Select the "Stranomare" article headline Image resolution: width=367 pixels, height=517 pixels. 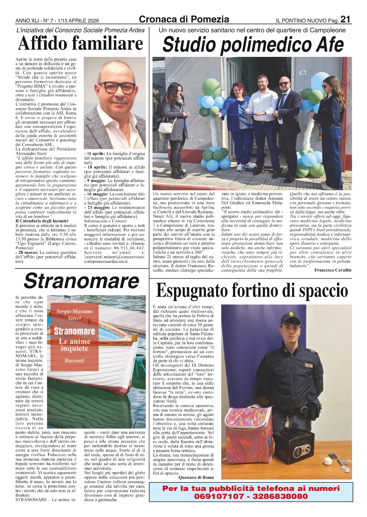tap(82, 281)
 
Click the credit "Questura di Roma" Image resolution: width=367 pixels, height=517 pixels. tap(196, 477)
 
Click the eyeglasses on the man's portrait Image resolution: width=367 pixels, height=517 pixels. tap(117, 88)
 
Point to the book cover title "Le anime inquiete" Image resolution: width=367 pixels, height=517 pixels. tap(74, 345)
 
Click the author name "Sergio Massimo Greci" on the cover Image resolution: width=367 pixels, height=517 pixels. tap(74, 315)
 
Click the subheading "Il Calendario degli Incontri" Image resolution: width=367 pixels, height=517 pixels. tap(42, 221)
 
